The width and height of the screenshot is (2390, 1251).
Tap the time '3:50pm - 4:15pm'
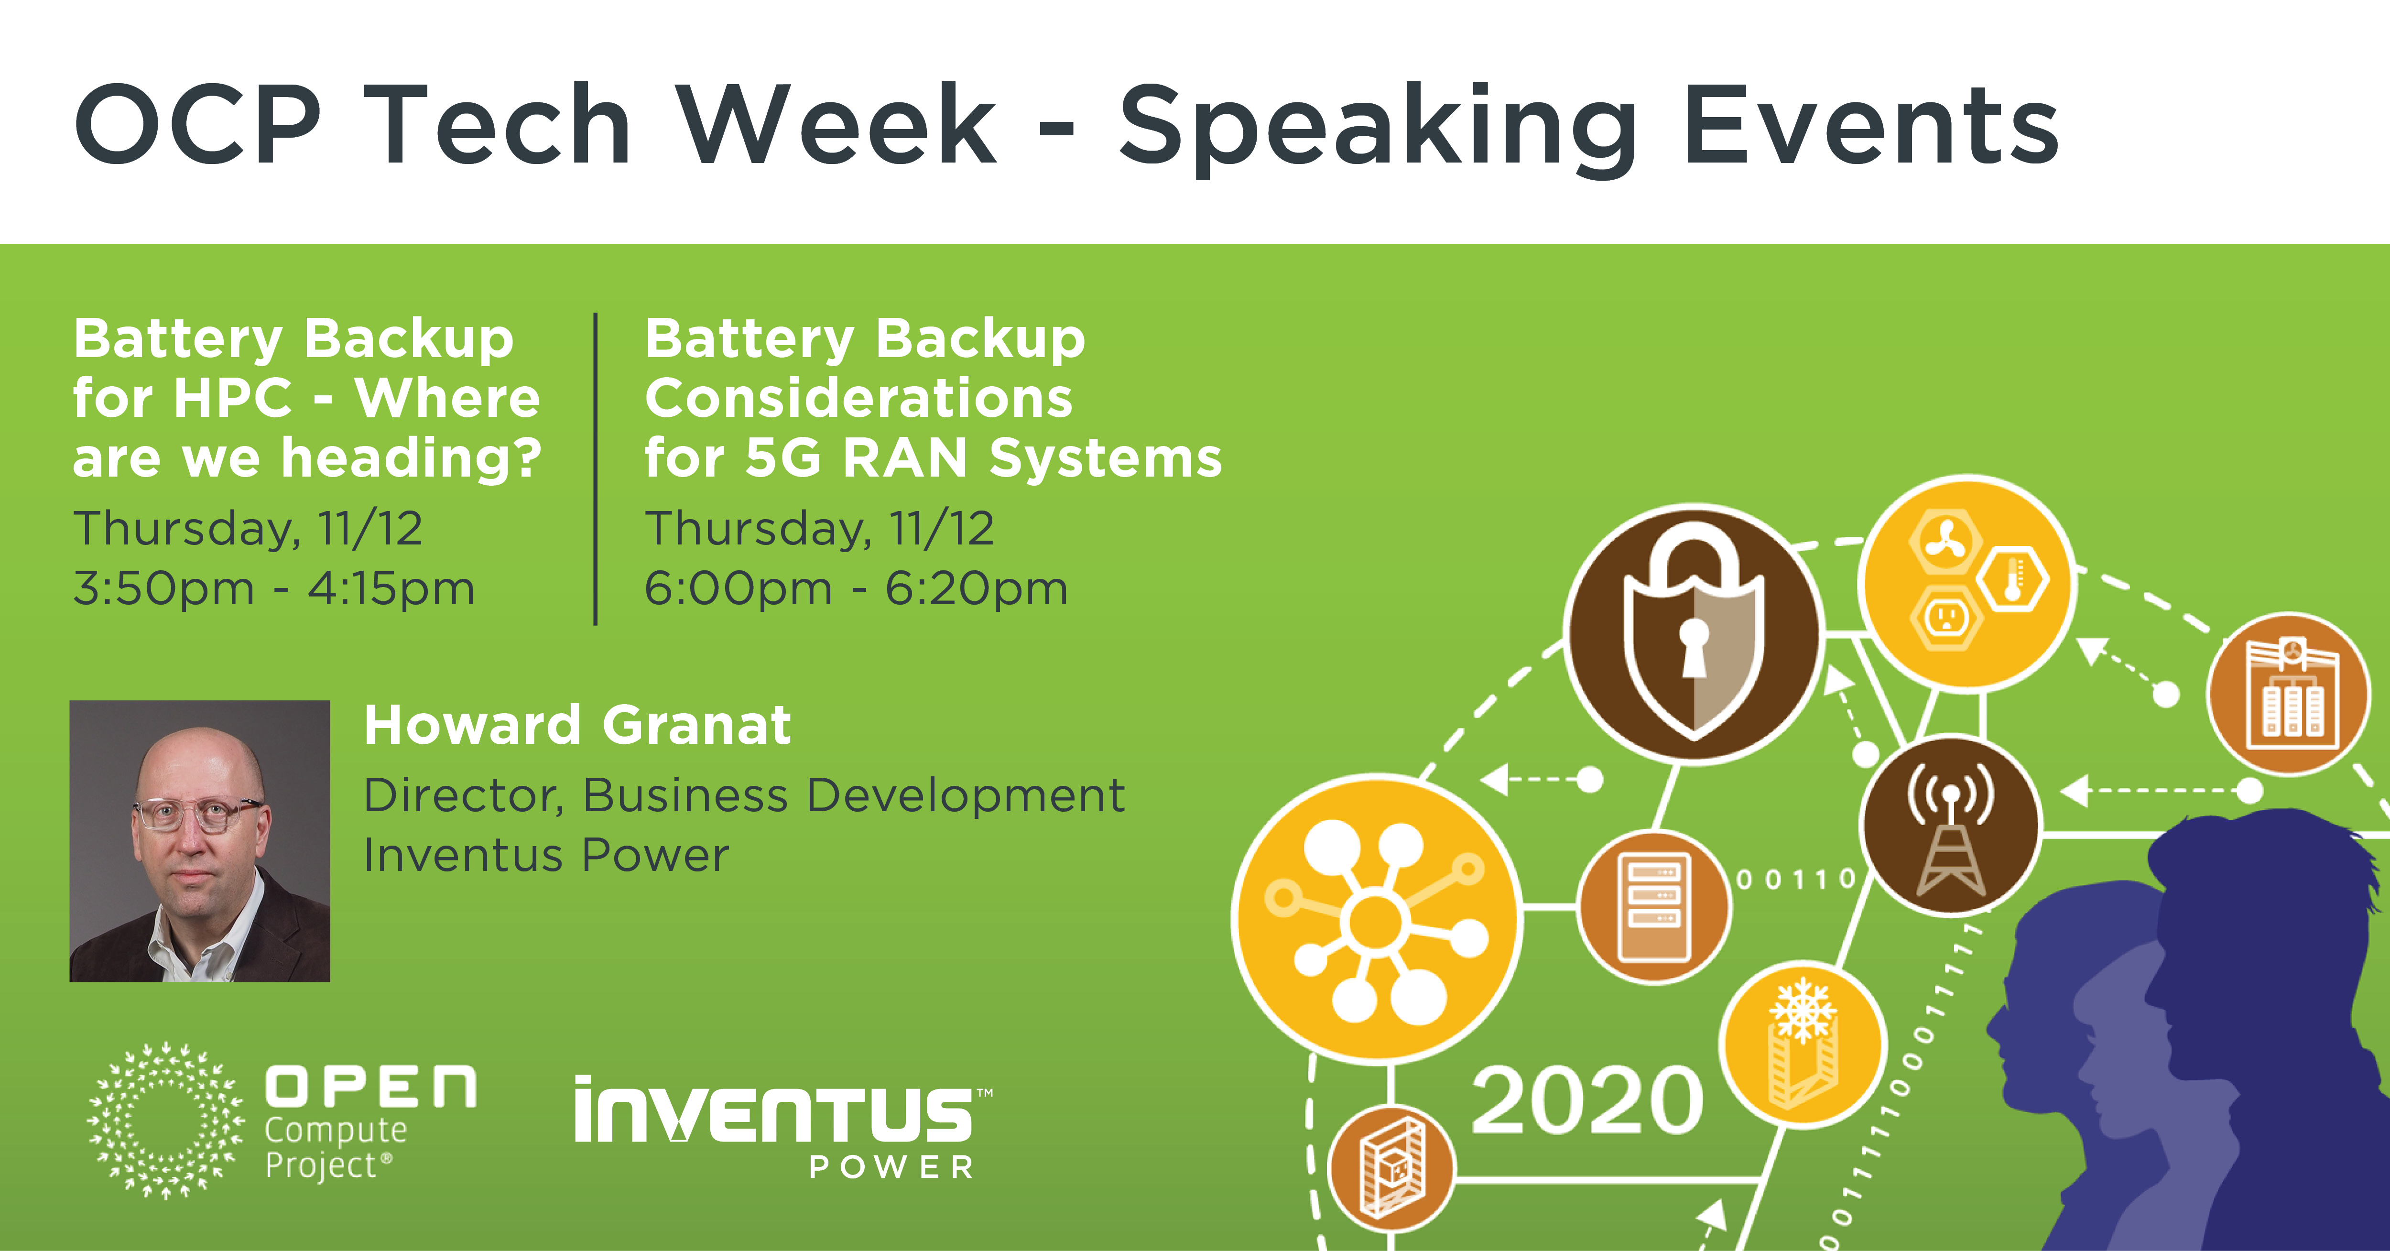point(274,588)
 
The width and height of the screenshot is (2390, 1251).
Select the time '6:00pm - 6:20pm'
point(856,588)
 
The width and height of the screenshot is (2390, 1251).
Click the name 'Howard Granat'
point(577,725)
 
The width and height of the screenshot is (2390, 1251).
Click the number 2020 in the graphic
point(1586,1101)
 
